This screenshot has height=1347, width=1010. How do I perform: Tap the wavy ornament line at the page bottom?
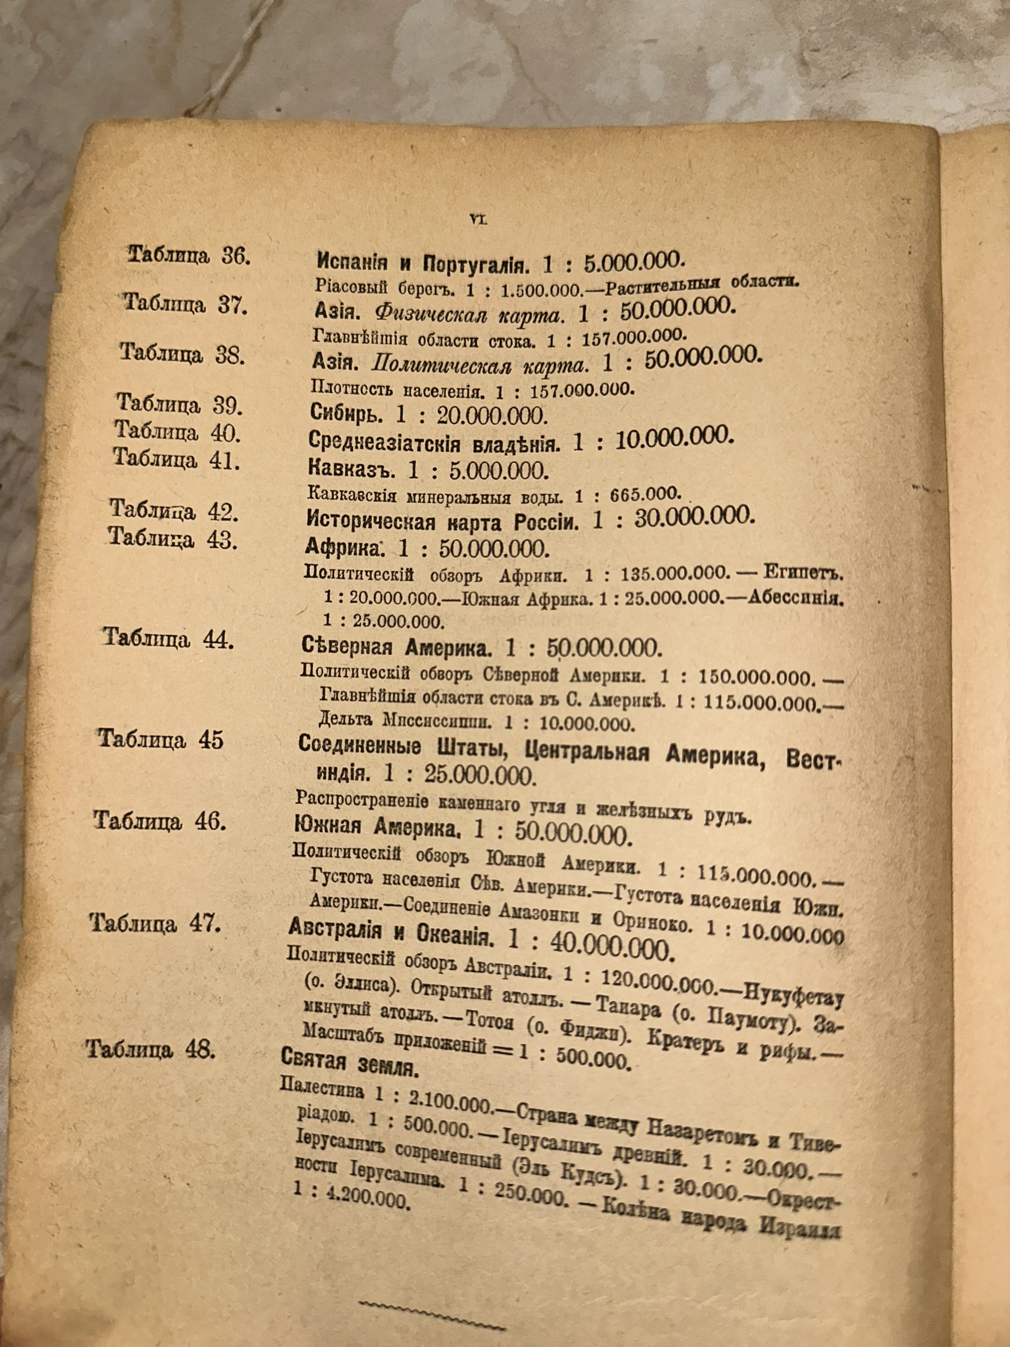(432, 1323)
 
